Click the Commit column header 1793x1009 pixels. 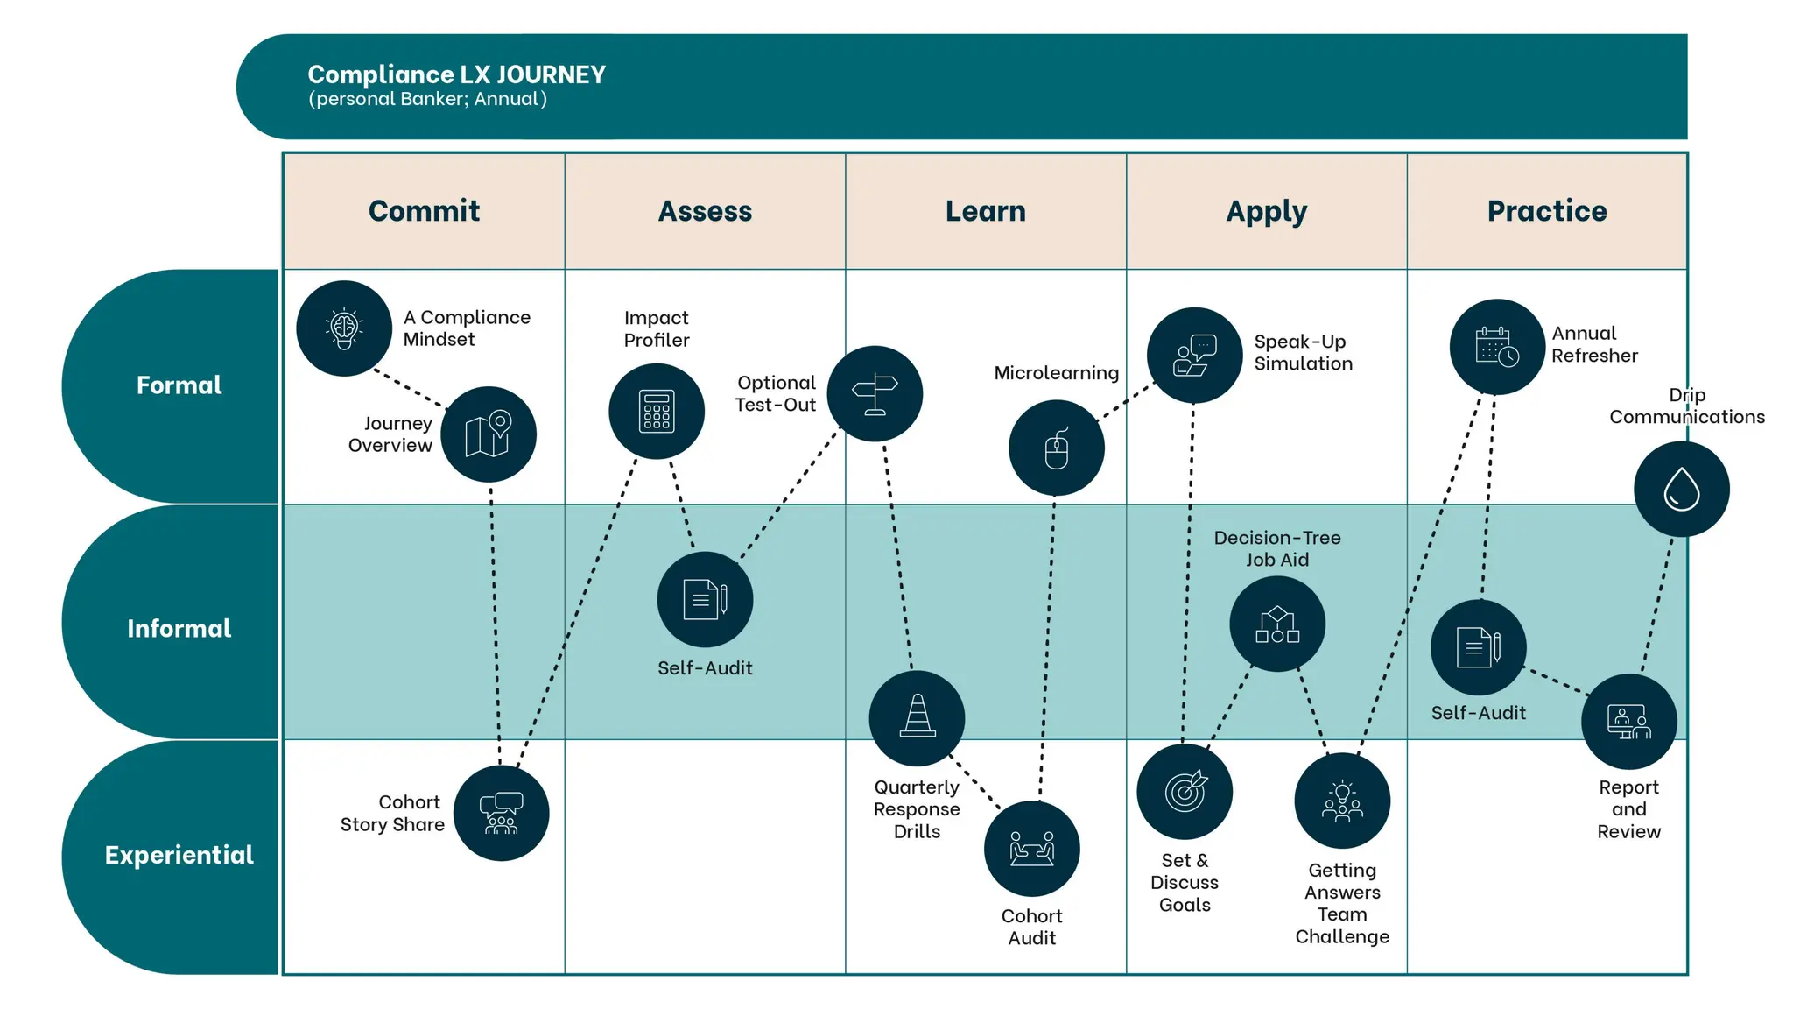point(424,211)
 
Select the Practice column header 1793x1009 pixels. point(1547,211)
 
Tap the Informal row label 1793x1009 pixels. point(179,628)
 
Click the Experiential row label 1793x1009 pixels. point(179,855)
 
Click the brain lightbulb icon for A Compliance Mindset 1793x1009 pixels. point(344,328)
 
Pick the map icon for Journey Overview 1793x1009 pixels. point(489,434)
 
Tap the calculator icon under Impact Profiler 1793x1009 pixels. point(657,412)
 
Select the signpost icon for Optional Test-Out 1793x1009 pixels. point(875,393)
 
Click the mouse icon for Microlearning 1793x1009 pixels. point(1057,448)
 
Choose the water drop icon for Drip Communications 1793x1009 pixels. point(1681,489)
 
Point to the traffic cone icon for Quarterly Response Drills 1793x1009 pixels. point(917,718)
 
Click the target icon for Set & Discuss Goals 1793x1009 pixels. point(1185,792)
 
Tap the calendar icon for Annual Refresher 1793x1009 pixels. point(1497,347)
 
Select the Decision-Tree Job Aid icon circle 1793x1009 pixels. point(1277,624)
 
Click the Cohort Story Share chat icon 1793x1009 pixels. point(501,813)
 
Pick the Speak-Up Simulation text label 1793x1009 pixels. point(1303,352)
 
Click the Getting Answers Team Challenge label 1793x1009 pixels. point(1342,903)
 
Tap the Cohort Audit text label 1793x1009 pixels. point(1031,927)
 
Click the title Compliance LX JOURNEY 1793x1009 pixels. point(456,75)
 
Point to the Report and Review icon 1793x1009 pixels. point(1628,722)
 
